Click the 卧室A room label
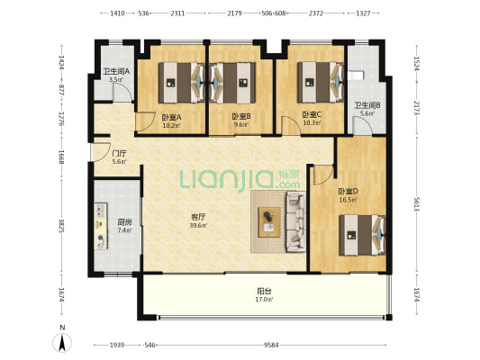tap(172, 117)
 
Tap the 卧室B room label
tap(241, 116)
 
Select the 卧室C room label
tap(312, 114)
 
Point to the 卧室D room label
tap(348, 192)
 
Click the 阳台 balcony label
tap(264, 292)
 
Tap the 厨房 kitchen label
tap(124, 222)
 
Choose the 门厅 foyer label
tap(120, 153)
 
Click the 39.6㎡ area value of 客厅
tap(198, 226)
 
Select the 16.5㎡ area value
tap(348, 200)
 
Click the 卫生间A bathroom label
tap(116, 72)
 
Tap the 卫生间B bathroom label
tap(367, 105)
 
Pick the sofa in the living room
tap(296, 221)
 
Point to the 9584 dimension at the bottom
tap(271, 346)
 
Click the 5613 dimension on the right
tap(416, 204)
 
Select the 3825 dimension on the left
tap(62, 226)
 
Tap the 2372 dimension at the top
tap(315, 13)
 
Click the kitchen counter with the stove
tap(101, 226)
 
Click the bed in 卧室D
tap(362, 235)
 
